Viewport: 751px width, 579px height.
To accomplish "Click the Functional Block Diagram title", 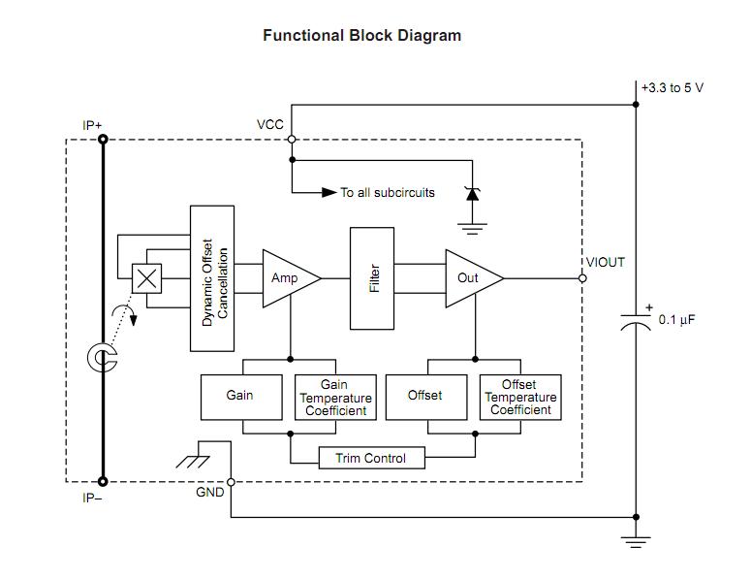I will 361,36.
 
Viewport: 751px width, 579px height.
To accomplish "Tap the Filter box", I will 372,278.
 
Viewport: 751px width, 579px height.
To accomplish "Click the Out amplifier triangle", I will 471,278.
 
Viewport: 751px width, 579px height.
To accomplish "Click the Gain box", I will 240,396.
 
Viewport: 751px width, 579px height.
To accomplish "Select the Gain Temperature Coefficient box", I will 334,398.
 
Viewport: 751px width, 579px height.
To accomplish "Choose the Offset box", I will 424,396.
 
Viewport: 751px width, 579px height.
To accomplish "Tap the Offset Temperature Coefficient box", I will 520,398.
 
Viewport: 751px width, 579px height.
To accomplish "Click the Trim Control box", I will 371,458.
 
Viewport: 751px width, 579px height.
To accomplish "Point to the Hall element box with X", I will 146,278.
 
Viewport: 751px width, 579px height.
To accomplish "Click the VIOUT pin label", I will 606,263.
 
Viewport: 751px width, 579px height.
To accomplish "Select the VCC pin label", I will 270,125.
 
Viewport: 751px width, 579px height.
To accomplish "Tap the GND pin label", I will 209,493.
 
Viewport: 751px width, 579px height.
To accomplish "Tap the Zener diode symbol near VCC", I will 472,194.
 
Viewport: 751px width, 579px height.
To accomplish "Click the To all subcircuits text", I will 388,193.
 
